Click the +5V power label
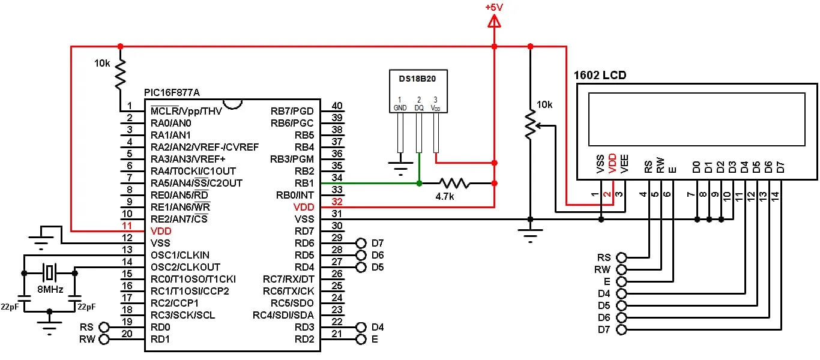(494, 8)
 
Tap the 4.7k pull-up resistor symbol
(453, 183)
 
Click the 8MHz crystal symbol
(49, 273)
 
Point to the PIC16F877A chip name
(172, 93)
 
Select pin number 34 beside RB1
(337, 178)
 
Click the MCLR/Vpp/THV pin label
(186, 111)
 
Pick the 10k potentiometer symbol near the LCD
(530, 125)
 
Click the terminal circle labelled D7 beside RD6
(361, 243)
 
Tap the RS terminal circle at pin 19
(105, 327)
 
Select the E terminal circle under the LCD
(621, 281)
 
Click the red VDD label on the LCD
(613, 163)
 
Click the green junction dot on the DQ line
(419, 183)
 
